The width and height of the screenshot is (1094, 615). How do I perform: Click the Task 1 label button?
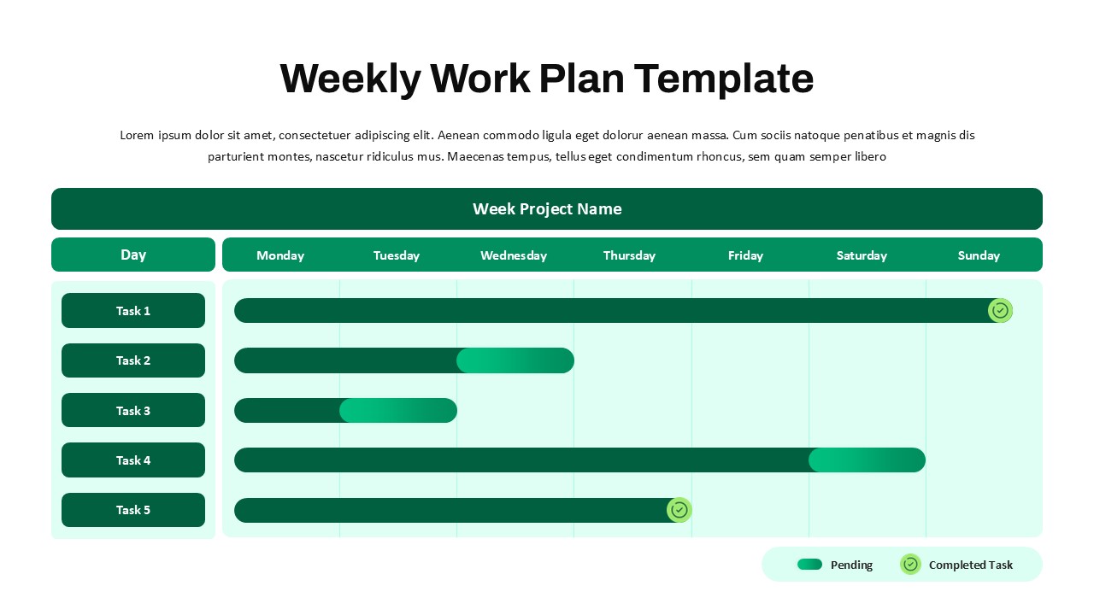pyautogui.click(x=133, y=310)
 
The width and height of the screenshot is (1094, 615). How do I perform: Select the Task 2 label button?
pyautogui.click(x=133, y=360)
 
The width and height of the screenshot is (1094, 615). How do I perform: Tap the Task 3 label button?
pyautogui.click(x=133, y=410)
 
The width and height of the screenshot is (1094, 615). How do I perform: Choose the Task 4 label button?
pyautogui.click(x=133, y=460)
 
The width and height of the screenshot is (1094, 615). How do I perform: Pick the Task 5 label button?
pyautogui.click(x=133, y=510)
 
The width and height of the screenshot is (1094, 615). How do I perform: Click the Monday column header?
pyautogui.click(x=280, y=255)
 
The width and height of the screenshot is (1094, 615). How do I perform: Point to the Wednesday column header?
pyautogui.click(x=514, y=255)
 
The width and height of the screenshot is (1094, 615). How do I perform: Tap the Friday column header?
pyautogui.click(x=746, y=255)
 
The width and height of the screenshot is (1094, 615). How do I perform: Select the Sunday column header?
pyautogui.click(x=979, y=255)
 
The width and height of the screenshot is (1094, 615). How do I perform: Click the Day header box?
pyautogui.click(x=133, y=255)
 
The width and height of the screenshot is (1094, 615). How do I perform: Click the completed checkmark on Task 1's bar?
pyautogui.click(x=1000, y=310)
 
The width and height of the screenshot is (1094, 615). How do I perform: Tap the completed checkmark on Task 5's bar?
pyautogui.click(x=679, y=510)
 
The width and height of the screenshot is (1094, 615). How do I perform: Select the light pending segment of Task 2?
pyautogui.click(x=515, y=360)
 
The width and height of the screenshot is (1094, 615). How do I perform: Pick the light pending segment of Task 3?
pyautogui.click(x=398, y=411)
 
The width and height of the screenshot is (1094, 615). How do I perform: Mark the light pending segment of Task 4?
pyautogui.click(x=867, y=460)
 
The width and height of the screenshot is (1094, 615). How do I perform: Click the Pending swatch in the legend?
pyautogui.click(x=809, y=565)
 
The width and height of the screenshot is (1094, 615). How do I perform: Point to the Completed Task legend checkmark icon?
pyautogui.click(x=910, y=565)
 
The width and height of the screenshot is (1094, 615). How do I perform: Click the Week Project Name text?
pyautogui.click(x=547, y=209)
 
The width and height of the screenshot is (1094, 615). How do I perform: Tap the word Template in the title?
pyautogui.click(x=724, y=79)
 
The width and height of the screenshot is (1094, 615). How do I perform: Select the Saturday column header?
pyautogui.click(x=862, y=255)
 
